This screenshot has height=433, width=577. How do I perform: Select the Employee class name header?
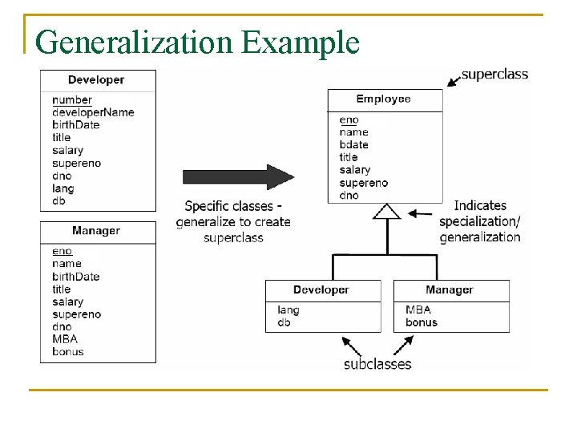383,99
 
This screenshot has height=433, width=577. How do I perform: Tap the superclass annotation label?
494,75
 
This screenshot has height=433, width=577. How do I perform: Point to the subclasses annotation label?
377,364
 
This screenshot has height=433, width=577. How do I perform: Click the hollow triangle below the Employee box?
387,212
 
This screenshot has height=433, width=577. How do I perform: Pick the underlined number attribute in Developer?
72,100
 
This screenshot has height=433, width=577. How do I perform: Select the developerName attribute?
93,112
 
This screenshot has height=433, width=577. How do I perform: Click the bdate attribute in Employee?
353,144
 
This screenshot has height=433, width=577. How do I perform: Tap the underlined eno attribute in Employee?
349,119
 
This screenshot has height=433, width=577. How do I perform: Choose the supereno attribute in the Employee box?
363,183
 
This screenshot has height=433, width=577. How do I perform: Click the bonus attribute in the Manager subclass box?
422,322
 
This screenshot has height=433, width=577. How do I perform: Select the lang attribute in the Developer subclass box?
288,310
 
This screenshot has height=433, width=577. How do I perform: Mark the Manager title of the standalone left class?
96,231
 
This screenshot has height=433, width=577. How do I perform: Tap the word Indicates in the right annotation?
480,206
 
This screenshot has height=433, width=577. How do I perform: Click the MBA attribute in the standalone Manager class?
65,339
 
